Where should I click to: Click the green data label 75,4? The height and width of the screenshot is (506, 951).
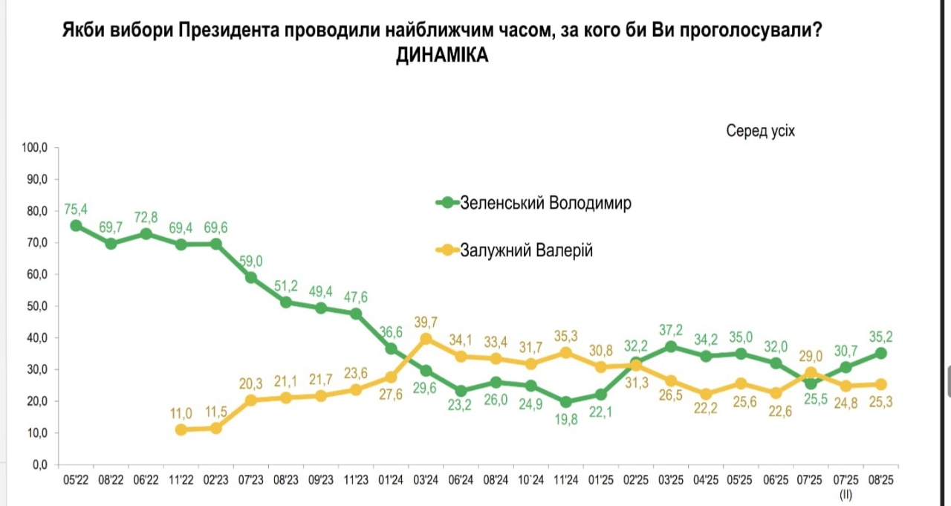pyautogui.click(x=76, y=210)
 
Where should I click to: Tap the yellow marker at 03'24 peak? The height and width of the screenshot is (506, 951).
pyautogui.click(x=426, y=339)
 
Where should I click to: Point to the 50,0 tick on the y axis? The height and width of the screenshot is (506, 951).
pyautogui.click(x=35, y=306)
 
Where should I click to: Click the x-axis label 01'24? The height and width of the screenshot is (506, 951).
pyautogui.click(x=391, y=480)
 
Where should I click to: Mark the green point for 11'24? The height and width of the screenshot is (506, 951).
pyautogui.click(x=567, y=402)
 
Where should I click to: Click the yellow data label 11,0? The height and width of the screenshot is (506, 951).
pyautogui.click(x=181, y=413)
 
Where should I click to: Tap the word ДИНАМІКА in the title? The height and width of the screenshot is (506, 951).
pyautogui.click(x=442, y=56)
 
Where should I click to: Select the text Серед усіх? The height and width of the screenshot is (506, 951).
pyautogui.click(x=760, y=131)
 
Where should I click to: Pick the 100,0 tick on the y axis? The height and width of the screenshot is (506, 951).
pyautogui.click(x=33, y=148)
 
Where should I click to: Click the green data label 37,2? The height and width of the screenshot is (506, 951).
pyautogui.click(x=671, y=330)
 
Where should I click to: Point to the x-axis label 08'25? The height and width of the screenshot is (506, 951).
pyautogui.click(x=880, y=480)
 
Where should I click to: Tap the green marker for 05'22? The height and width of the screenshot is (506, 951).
pyautogui.click(x=76, y=225)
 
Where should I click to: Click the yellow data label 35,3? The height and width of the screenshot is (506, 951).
pyautogui.click(x=567, y=336)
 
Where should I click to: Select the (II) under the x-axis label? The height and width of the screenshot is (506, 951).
pyautogui.click(x=845, y=493)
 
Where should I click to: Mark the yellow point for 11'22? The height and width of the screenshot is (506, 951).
pyautogui.click(x=181, y=429)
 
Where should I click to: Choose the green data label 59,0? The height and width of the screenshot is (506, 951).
pyautogui.click(x=250, y=261)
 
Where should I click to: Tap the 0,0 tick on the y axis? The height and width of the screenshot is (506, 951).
pyautogui.click(x=39, y=464)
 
